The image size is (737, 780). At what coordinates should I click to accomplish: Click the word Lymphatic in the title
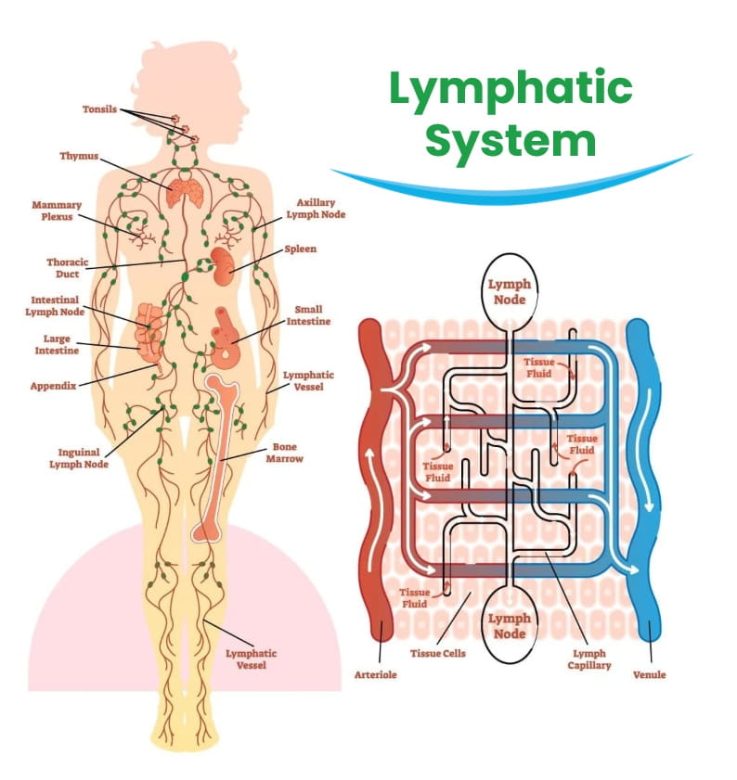point(510,91)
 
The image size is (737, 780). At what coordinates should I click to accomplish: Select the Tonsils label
point(98,109)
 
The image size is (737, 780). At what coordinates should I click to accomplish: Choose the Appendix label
point(52,385)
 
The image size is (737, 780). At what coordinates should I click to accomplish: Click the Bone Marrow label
point(284,453)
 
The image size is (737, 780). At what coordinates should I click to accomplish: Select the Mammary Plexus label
point(57,211)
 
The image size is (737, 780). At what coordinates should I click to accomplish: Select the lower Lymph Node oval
point(509,626)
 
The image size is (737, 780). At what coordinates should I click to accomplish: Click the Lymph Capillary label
point(589,659)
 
